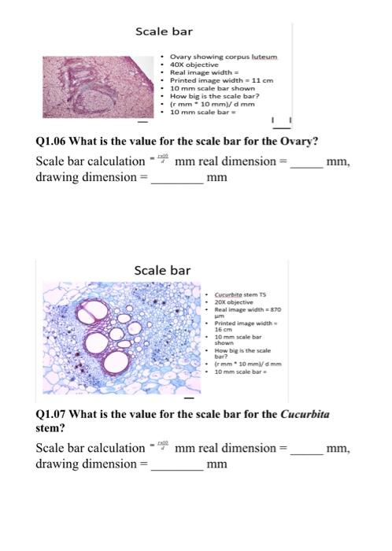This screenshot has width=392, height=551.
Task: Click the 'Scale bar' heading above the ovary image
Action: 164,31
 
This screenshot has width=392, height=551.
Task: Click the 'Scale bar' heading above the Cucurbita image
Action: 162,270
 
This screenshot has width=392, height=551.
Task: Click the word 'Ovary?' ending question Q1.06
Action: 298,142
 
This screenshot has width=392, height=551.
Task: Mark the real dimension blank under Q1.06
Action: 306,163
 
